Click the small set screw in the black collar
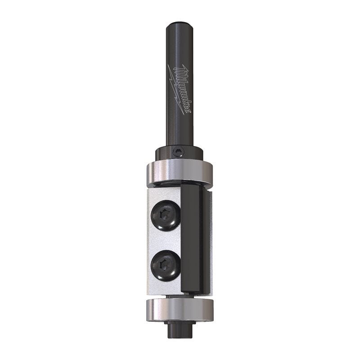[x=179, y=153]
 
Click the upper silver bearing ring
[x=180, y=173]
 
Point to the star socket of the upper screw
[x=165, y=216]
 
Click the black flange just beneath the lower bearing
[x=179, y=323]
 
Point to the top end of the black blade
[x=193, y=186]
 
